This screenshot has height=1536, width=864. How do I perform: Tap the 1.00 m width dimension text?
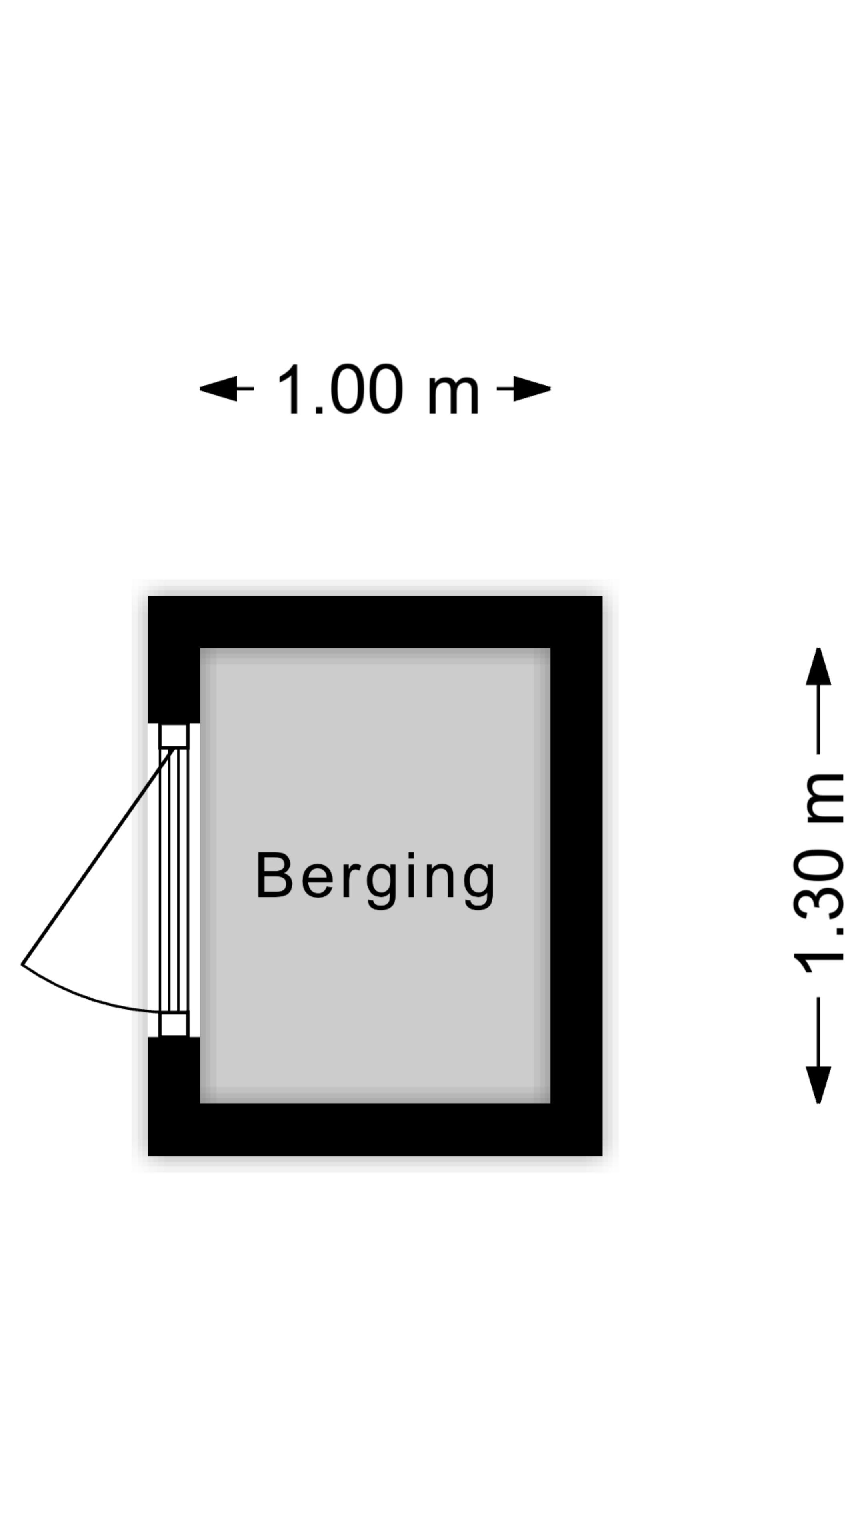tap(378, 389)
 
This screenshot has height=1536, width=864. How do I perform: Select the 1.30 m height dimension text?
tap(819, 874)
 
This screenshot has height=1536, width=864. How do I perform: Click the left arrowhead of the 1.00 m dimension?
tap(218, 389)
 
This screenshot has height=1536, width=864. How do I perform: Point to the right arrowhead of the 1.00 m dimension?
tap(532, 389)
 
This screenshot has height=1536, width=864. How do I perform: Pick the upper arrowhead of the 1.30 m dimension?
tap(819, 666)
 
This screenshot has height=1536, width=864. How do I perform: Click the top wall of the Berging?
tap(375, 621)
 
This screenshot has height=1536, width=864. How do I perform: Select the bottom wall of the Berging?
tap(375, 1130)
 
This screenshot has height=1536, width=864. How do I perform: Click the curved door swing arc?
tap(84, 998)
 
